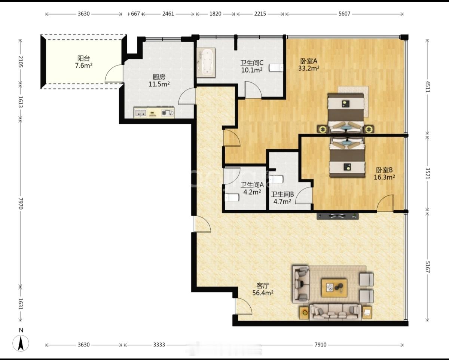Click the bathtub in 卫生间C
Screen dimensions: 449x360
pyautogui.click(x=206, y=62)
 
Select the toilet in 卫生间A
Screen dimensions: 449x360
pyautogui.click(x=232, y=198)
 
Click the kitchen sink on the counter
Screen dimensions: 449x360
pyautogui.click(x=140, y=113)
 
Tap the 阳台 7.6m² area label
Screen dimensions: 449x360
pyautogui.click(x=84, y=62)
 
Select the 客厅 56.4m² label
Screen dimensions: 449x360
pyautogui.click(x=263, y=289)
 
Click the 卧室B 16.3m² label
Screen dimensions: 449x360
pyautogui.click(x=384, y=173)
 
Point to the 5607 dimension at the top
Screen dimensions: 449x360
pyautogui.click(x=344, y=14)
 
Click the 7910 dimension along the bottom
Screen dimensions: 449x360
pyautogui.click(x=321, y=345)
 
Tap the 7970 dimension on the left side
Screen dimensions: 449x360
pyautogui.click(x=21, y=204)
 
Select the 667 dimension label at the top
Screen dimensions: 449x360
pyautogui.click(x=135, y=14)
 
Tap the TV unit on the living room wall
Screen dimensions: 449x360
pyautogui.click(x=337, y=216)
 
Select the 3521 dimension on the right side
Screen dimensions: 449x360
pyautogui.click(x=427, y=173)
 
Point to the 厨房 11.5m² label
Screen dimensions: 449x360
pyautogui.click(x=159, y=80)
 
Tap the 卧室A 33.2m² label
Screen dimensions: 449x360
pyautogui.click(x=309, y=64)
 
